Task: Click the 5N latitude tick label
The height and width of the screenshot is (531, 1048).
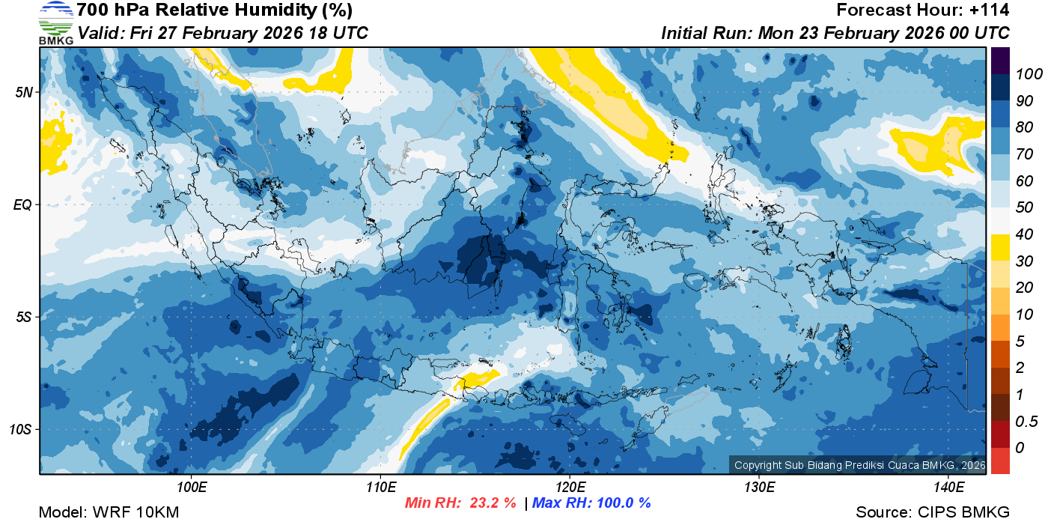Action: pos(25,92)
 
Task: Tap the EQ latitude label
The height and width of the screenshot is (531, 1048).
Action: pos(24,204)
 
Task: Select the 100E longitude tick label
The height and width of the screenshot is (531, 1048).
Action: pos(192,488)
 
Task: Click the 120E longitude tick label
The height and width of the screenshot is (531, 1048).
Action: pos(570,488)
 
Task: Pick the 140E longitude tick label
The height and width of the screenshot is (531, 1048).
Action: pos(948,488)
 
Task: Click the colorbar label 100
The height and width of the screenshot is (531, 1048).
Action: pos(1023,73)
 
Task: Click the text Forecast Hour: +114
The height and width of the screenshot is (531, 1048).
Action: pos(923,10)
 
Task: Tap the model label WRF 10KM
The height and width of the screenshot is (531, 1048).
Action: pos(109,513)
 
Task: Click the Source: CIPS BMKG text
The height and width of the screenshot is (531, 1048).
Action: pos(933,513)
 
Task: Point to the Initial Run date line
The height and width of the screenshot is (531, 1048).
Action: pos(835,34)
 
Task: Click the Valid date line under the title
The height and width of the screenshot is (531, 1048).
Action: pos(222,34)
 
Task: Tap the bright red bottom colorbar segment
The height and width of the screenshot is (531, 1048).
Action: pos(1001,461)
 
